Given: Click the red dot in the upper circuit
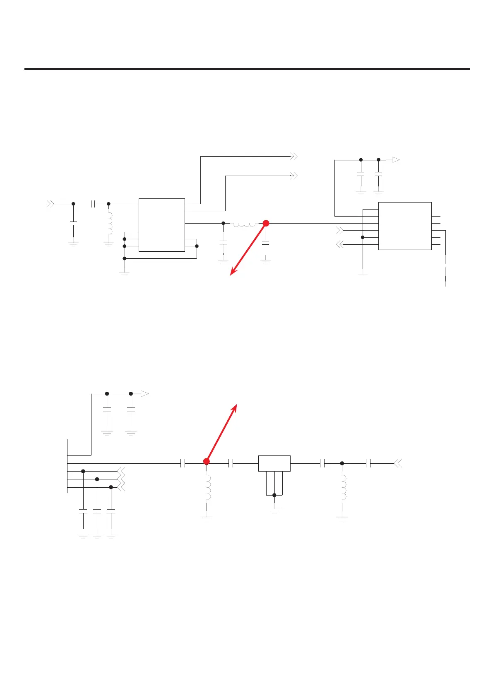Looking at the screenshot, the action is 266,223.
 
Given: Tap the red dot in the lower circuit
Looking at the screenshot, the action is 207,461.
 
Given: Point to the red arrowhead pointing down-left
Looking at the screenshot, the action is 232,273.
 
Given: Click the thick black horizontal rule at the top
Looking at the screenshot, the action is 247,69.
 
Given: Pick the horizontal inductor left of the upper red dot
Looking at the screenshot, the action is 245,224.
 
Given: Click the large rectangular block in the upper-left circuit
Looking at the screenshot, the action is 161,225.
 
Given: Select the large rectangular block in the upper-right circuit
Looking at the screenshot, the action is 405,226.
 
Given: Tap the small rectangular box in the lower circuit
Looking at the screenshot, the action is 274,463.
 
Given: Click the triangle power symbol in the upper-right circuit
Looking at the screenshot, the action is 396,160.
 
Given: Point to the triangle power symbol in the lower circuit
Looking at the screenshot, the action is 144,394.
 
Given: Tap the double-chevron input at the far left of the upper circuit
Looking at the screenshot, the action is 50,204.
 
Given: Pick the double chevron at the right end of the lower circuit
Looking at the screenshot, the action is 398,464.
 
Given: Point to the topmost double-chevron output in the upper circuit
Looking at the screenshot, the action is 294,157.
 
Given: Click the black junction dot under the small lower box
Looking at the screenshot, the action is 274,495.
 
